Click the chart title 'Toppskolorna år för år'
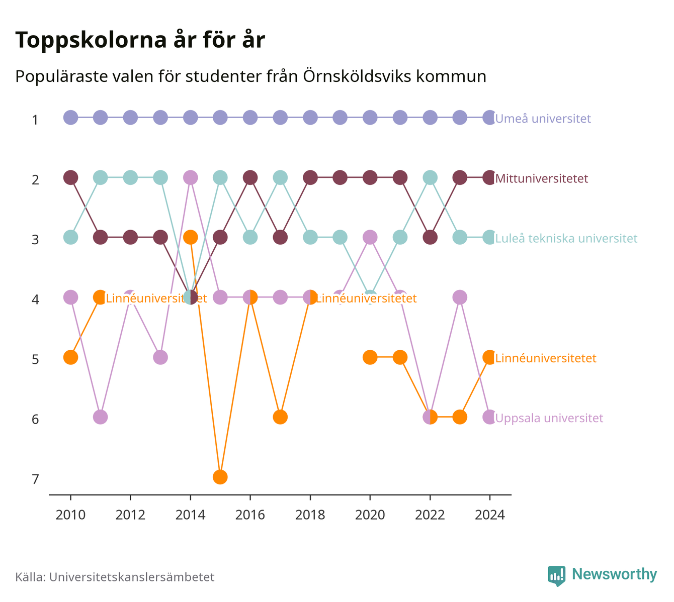click(x=140, y=40)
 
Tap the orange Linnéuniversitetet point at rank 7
click(x=220, y=477)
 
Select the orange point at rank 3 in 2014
click(x=191, y=237)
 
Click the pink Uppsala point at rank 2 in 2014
click(x=191, y=177)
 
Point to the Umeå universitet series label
click(x=543, y=118)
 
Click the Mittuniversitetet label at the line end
click(x=541, y=178)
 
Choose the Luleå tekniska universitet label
click(x=566, y=238)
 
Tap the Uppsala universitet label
click(x=549, y=418)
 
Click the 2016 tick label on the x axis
click(x=250, y=515)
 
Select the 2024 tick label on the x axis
click(x=490, y=515)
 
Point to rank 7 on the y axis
click(x=35, y=479)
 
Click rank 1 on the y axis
click(x=35, y=120)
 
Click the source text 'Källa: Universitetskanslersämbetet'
click(x=115, y=577)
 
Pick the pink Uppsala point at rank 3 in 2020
click(x=370, y=237)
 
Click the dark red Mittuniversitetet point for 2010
click(x=70, y=177)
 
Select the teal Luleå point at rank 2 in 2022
click(x=430, y=177)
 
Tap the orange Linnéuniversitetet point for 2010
click(x=70, y=357)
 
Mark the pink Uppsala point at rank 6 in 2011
click(x=101, y=417)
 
